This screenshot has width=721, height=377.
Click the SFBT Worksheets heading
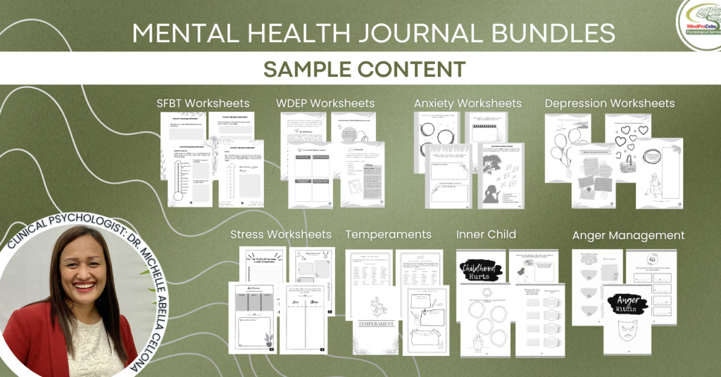(x=203, y=103)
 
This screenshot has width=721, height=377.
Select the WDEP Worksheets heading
(x=325, y=103)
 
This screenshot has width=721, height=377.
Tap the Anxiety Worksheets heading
(x=468, y=103)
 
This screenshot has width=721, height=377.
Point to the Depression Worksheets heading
(x=610, y=103)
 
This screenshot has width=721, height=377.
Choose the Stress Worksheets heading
(x=281, y=234)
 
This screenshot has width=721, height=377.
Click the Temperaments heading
(x=389, y=234)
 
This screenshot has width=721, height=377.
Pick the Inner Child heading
(x=486, y=234)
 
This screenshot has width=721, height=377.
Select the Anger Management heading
(x=628, y=236)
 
